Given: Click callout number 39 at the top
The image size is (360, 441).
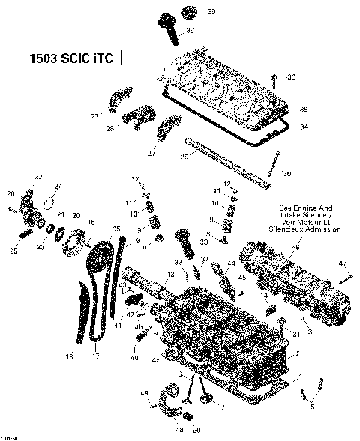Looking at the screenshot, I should [190, 12].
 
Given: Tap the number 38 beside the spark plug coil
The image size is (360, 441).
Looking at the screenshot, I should [190, 30].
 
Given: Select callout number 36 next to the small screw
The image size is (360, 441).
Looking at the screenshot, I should [292, 77].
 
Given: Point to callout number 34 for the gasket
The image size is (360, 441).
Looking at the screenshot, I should [303, 127].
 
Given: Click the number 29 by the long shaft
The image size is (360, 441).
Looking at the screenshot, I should [184, 157].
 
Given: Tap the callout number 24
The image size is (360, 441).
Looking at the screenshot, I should [58, 187].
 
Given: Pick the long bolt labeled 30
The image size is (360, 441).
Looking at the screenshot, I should [277, 164].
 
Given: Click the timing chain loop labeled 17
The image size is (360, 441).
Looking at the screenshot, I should [94, 307].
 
